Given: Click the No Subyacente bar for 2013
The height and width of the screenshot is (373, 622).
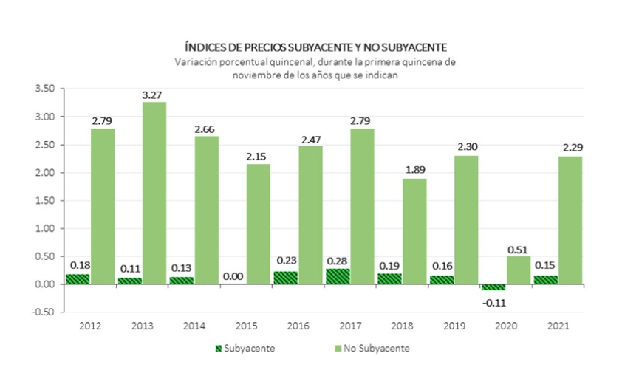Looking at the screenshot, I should pos(154,193).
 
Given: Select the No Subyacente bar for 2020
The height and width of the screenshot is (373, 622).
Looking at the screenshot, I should pos(519,270).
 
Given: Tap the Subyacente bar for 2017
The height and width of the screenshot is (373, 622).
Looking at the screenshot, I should pos(338,276).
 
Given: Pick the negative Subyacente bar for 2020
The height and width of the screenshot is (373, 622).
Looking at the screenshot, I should pos(493,287).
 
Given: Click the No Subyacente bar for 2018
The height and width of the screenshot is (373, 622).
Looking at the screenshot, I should pos(414,231).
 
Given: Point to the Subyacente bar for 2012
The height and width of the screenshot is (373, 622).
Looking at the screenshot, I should pos(77,279).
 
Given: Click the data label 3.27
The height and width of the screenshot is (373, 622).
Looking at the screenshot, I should pos(154,94).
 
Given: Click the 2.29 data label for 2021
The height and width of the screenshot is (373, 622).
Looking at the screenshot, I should pos(570,148).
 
